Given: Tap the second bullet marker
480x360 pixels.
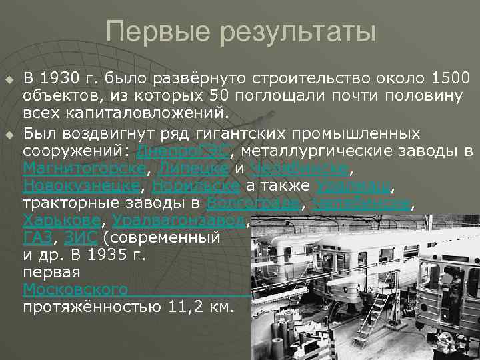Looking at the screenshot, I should click(9, 136).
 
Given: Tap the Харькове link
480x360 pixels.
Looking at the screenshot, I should click(62, 219).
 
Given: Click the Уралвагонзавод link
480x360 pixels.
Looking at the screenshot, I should click(179, 219).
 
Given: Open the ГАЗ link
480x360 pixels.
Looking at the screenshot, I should click(37, 237).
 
